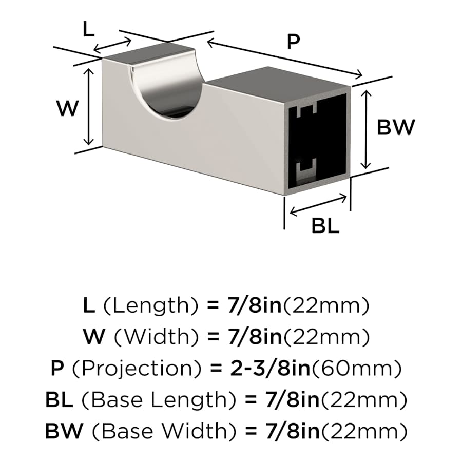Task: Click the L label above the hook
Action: pos(88,29)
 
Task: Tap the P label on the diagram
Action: pos(293,42)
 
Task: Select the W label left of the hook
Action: pos(68,108)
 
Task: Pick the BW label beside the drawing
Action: pos(396,127)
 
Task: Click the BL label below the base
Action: pos(325,226)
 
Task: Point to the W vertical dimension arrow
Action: pos(89,107)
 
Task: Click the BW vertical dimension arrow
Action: pos(366,129)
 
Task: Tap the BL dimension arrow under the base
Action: pos(318,205)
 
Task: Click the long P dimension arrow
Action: pos(284,59)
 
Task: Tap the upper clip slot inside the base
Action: pos(306,110)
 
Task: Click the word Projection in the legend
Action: pos(137,369)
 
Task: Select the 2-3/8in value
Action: pos(271,368)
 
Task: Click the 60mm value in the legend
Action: pos(356,369)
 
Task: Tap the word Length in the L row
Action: pos(151,306)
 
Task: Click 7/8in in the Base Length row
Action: pos(293,400)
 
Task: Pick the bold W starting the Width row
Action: pos(94,337)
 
